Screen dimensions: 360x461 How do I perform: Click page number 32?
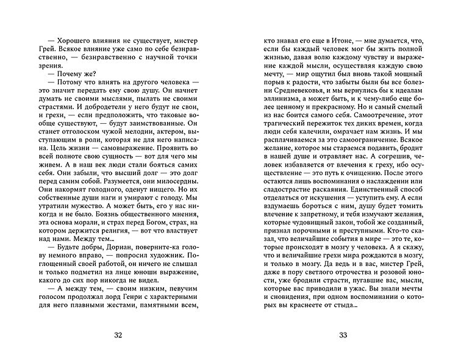[118, 334]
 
